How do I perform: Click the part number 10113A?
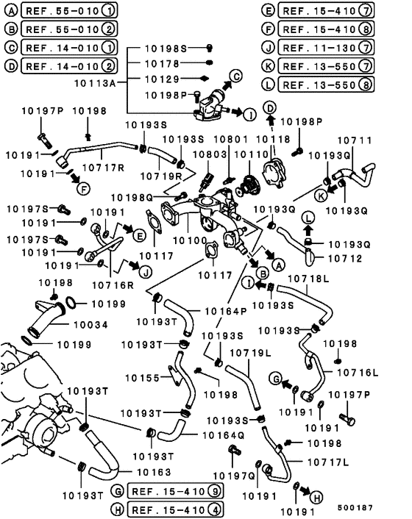pyautogui.click(x=95, y=83)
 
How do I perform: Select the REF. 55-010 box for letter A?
pyautogui.click(x=69, y=10)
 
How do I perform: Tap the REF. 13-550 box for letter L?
pyautogui.click(x=326, y=85)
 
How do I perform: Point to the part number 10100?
pyautogui.click(x=190, y=240)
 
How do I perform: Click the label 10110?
pyautogui.click(x=252, y=154)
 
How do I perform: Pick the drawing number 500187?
pyautogui.click(x=355, y=507)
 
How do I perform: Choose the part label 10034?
pyautogui.click(x=90, y=325)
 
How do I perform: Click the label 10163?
pyautogui.click(x=154, y=472)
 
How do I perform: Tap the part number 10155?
pyautogui.click(x=143, y=378)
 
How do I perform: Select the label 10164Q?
pyautogui.click(x=224, y=435)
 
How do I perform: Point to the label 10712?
pyautogui.click(x=345, y=259)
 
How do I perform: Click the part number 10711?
pyautogui.click(x=355, y=140)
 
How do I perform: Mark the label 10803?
pyautogui.click(x=210, y=154)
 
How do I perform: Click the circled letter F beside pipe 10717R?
pyautogui.click(x=83, y=189)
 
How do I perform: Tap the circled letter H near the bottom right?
pyautogui.click(x=316, y=498)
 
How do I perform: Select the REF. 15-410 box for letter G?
pyautogui.click(x=175, y=492)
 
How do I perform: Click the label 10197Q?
pyautogui.click(x=234, y=476)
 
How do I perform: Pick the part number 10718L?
pyautogui.click(x=309, y=279)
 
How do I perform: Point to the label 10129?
pyautogui.click(x=162, y=79)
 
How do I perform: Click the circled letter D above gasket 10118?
pyautogui.click(x=270, y=108)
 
